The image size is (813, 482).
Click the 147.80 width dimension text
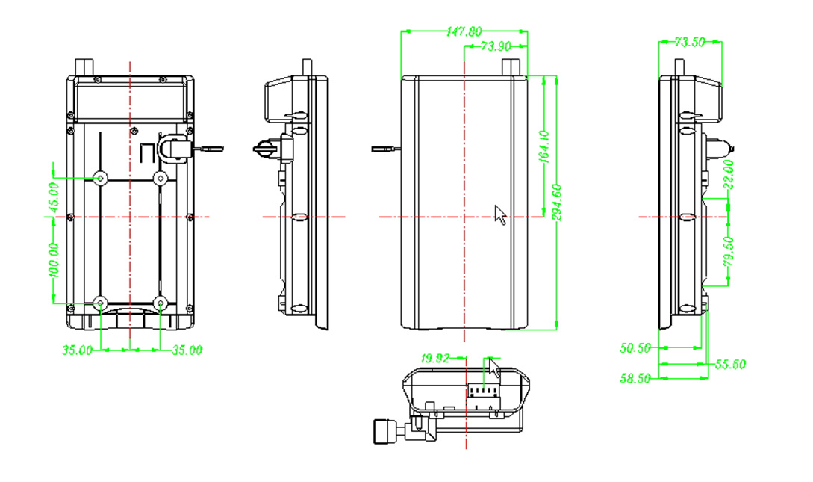point(464,31)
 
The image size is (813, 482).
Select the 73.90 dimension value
point(496,46)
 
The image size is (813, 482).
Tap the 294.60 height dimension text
point(558,203)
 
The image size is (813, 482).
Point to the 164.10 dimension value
point(544,146)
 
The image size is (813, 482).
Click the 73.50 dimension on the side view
point(690,42)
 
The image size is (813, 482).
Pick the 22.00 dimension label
point(729,174)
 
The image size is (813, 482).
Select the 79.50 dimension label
point(729,252)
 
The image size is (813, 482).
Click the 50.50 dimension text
point(635,348)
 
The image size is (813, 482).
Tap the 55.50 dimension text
point(730,365)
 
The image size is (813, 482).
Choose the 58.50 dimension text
point(635,379)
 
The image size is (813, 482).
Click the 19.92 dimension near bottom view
point(435,359)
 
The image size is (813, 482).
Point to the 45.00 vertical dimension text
point(54,198)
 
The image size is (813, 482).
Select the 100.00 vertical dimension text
point(54,260)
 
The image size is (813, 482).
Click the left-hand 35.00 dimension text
point(77,350)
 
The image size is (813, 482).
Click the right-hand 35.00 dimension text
point(187,350)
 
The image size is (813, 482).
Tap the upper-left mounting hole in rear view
point(100,179)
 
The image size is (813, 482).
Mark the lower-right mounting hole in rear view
point(161,303)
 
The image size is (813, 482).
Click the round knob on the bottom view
point(384,432)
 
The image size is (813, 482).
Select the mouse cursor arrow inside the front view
point(500,214)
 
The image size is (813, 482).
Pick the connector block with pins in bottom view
point(485,390)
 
